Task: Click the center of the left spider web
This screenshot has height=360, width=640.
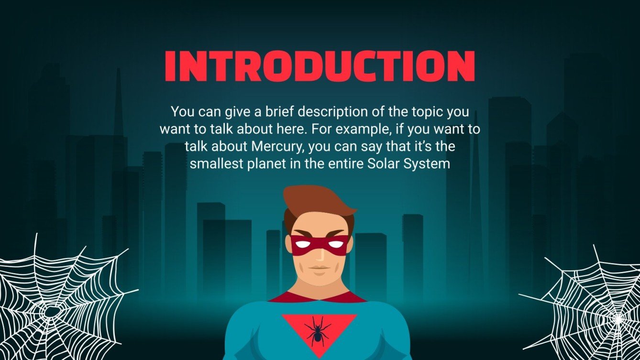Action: (x=49, y=311)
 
